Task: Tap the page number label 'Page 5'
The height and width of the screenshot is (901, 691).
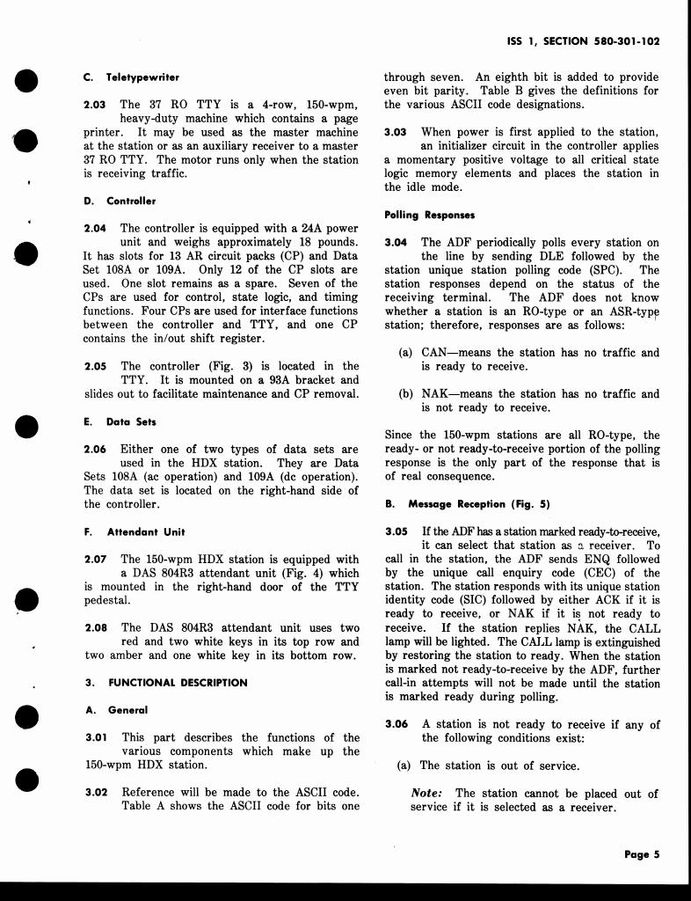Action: [642, 853]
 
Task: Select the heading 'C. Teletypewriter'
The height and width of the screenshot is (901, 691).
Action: [131, 77]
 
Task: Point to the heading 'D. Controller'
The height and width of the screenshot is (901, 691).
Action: [119, 201]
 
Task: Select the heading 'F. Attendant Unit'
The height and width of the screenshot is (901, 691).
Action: [135, 531]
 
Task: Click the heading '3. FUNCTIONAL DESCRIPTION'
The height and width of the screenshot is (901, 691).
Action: [166, 682]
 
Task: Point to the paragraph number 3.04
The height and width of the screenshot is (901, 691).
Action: [396, 243]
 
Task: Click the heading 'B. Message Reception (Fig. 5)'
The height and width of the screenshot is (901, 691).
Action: [467, 504]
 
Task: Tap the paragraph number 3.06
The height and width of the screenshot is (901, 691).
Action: [396, 724]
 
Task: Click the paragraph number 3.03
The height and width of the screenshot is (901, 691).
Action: [396, 132]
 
